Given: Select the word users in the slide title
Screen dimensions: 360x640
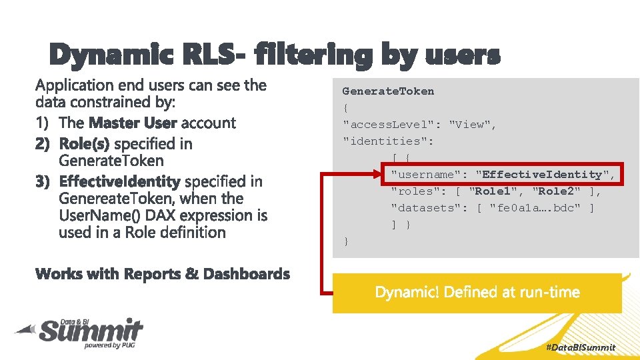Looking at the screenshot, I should tap(462, 55).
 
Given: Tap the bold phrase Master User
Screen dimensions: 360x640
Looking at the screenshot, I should tap(133, 123).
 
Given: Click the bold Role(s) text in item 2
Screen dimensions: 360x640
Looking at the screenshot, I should tap(85, 143).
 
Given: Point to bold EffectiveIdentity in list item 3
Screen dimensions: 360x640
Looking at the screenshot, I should tap(119, 181).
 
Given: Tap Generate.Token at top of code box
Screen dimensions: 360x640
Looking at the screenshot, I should tap(388, 91).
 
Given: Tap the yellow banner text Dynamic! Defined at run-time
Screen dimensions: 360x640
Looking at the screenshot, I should tap(477, 292).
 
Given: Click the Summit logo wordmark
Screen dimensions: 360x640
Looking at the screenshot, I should tap(90, 331).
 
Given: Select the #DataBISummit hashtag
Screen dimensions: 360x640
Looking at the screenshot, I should tap(580, 347).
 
